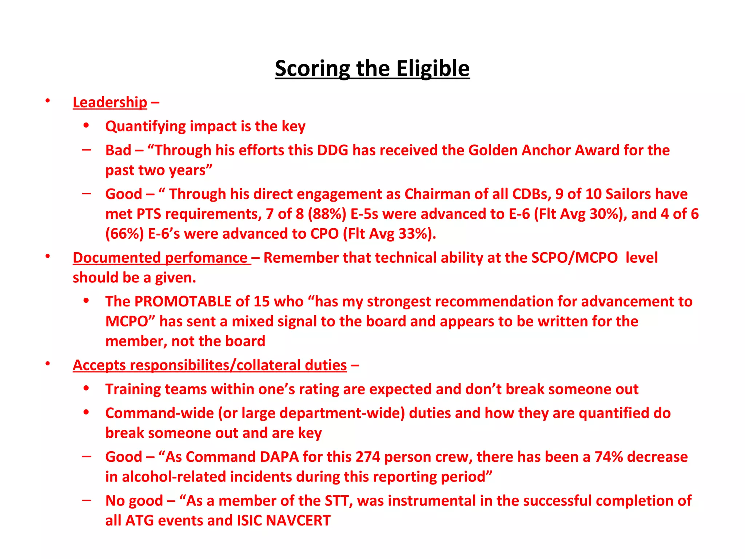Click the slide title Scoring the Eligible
coord(372,68)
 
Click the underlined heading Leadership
coord(110,102)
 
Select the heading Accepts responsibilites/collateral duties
coord(210,365)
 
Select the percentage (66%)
coord(124,234)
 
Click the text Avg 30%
coord(591,214)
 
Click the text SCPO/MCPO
coord(574,258)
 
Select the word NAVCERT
coord(298,520)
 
